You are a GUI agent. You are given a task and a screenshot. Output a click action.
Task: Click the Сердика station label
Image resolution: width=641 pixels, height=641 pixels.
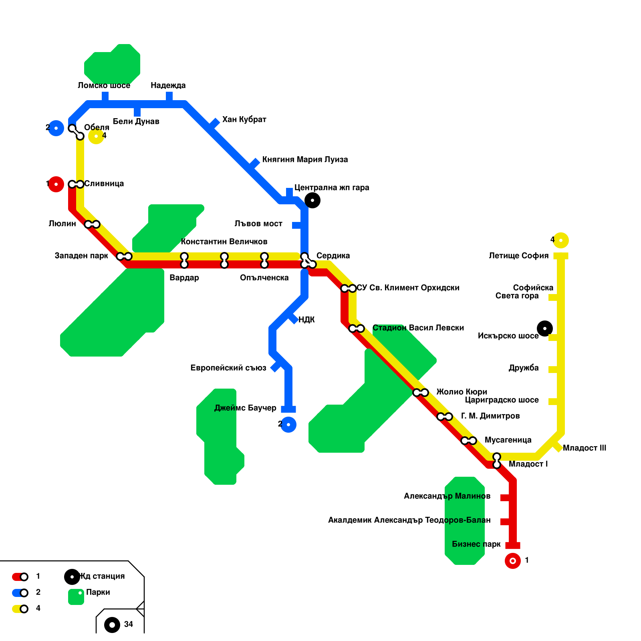tap(333, 256)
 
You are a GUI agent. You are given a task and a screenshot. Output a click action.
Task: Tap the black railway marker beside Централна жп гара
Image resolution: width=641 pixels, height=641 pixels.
tap(312, 200)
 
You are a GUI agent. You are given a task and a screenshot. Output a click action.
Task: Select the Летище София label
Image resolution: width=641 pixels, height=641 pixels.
tap(518, 256)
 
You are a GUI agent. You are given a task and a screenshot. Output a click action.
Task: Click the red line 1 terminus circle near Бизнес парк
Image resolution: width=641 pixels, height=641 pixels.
tap(513, 560)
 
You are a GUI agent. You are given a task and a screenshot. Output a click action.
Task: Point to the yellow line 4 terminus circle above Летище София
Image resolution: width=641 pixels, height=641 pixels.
tap(560, 240)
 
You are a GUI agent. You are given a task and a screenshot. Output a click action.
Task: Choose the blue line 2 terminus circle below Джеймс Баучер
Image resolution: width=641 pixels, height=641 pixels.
tap(288, 425)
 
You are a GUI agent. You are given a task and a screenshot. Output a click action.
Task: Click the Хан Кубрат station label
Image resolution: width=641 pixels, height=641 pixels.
tap(244, 119)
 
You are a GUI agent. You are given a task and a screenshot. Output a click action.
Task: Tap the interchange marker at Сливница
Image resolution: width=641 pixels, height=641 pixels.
tap(76, 184)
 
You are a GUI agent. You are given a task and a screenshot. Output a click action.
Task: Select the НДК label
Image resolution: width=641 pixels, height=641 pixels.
tap(306, 320)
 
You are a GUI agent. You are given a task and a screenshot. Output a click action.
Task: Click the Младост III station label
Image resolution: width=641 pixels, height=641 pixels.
tap(584, 448)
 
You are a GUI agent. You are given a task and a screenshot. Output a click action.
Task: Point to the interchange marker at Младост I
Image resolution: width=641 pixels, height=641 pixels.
tap(497, 461)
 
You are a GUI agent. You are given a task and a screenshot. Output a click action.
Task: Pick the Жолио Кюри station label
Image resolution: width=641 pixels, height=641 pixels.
tap(462, 392)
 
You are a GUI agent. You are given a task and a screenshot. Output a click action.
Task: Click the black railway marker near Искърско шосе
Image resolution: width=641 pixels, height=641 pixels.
tap(545, 329)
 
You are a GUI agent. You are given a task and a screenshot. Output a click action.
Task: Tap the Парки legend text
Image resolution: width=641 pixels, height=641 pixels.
tap(98, 592)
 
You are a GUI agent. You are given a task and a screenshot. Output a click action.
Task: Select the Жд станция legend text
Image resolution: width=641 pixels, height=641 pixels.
tap(103, 576)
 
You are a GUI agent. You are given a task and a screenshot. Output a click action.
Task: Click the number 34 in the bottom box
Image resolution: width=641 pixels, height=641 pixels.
tap(129, 624)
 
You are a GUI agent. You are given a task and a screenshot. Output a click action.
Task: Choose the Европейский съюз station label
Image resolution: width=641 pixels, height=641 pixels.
tap(228, 368)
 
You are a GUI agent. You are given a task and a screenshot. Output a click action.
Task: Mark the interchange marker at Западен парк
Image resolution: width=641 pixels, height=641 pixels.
tap(124, 256)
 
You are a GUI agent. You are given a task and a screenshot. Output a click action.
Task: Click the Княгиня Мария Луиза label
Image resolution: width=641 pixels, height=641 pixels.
tap(305, 159)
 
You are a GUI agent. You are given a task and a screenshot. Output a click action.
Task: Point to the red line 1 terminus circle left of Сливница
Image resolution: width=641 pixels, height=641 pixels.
tap(56, 184)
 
